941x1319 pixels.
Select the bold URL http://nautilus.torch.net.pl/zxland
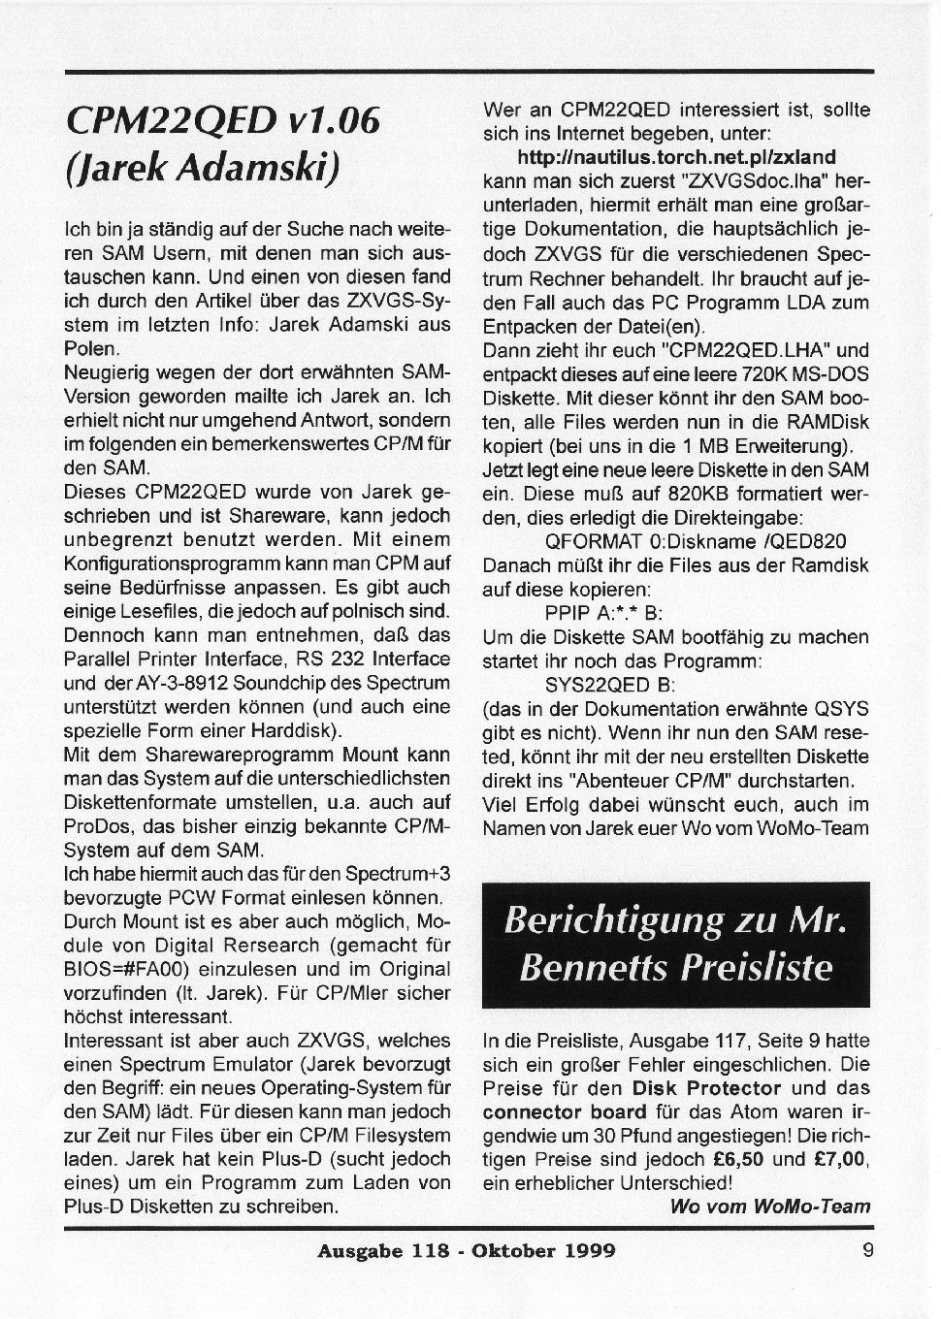tap(676, 156)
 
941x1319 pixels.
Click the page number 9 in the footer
tap(867, 1250)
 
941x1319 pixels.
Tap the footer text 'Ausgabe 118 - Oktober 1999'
tap(466, 1251)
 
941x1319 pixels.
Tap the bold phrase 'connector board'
tap(564, 1111)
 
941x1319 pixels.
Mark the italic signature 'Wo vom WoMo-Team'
tap(769, 1206)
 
